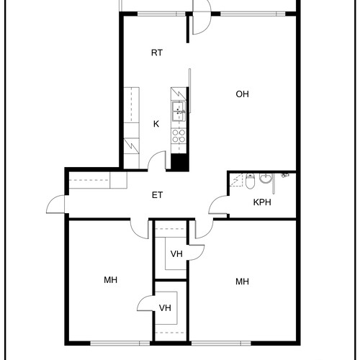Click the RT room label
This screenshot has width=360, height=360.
157,53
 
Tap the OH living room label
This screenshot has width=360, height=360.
242,94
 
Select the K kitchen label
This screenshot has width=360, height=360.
156,124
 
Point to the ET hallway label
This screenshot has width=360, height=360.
157,195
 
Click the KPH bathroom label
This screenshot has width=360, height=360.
262,202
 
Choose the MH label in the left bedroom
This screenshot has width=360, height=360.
110,280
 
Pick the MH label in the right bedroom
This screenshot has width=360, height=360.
242,282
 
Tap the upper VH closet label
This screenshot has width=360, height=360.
176,253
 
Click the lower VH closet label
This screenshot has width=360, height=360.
165,307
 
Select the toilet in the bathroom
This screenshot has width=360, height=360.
250,181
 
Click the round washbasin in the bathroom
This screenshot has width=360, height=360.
266,178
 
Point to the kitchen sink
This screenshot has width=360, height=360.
179,111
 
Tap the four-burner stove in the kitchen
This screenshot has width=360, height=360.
179,135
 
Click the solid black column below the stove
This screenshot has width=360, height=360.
179,162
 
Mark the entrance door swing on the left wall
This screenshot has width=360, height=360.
55,204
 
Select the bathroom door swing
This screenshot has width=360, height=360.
218,204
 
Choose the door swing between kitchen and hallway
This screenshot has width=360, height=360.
157,161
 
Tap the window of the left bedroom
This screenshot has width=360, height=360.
120,343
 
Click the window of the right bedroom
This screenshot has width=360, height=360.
221,343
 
